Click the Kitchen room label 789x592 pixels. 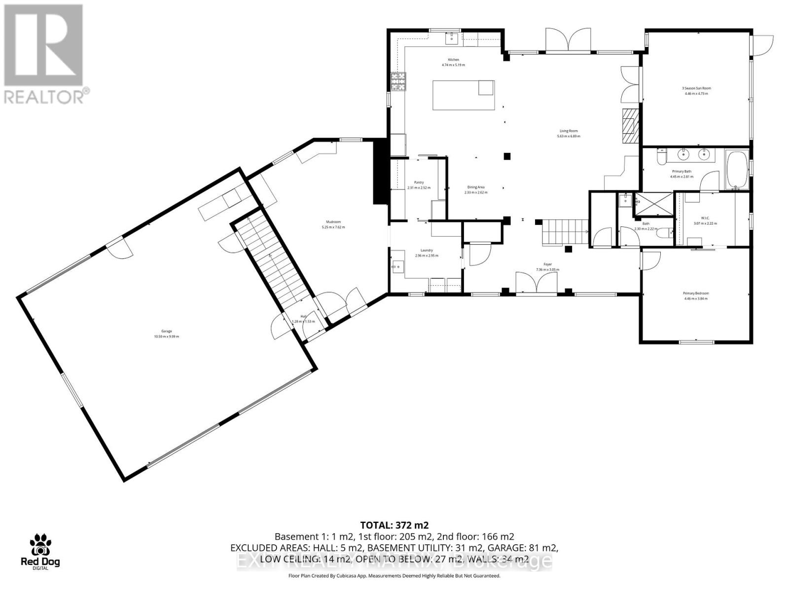click(x=453, y=62)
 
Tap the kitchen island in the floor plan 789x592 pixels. click(x=463, y=95)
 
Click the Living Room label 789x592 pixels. click(x=567, y=133)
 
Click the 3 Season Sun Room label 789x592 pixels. click(x=696, y=91)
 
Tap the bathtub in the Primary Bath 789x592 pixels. click(x=737, y=171)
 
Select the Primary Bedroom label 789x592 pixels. click(x=696, y=296)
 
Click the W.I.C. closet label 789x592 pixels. click(x=705, y=221)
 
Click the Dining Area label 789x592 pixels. click(x=476, y=189)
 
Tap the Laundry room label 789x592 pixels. click(x=427, y=253)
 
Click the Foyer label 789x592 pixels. click(x=547, y=267)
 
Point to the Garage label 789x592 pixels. click(x=166, y=334)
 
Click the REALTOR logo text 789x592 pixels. click(x=47, y=96)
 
